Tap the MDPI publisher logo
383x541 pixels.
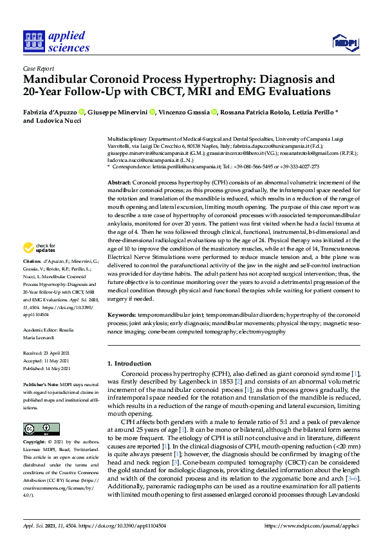[x=346, y=42]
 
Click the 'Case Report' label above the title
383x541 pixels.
[x=39, y=69]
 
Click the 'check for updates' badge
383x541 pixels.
[x=39, y=249]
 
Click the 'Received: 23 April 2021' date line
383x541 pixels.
[x=48, y=353]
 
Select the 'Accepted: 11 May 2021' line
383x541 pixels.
[x=47, y=360]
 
